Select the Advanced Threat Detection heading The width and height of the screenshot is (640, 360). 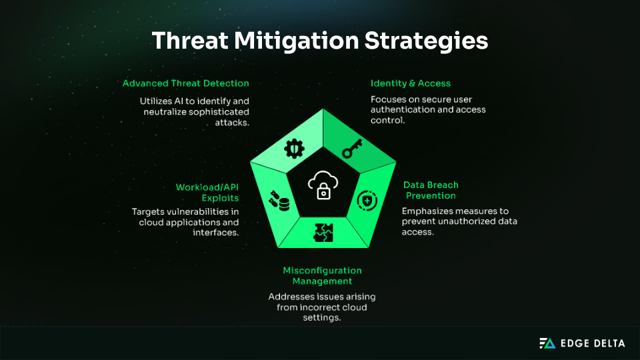pos(186,83)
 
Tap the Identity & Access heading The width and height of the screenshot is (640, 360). pos(411,83)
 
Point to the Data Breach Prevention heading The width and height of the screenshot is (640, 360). pos(431,190)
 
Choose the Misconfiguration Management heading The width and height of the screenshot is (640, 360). pos(323,276)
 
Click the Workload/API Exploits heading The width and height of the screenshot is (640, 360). pos(207,192)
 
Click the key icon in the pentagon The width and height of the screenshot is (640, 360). pos(351,149)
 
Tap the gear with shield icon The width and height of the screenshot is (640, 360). pos(293,149)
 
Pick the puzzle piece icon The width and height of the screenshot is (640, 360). pos(323,232)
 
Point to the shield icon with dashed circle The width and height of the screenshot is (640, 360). pos(367,200)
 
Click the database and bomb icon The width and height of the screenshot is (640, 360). pos(279,201)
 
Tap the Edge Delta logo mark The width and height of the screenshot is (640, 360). pos(547,343)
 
